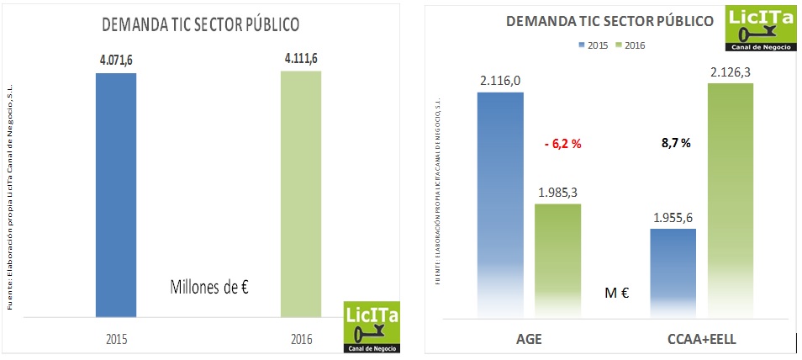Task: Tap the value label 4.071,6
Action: coord(116,60)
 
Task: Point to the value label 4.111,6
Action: coord(301,58)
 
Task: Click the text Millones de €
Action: coord(210,288)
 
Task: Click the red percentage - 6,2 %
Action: coord(562,144)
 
